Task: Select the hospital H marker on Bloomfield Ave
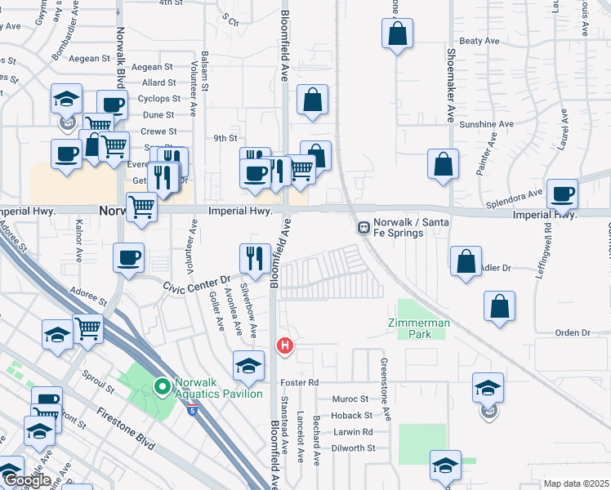285,346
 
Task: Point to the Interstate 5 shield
191,410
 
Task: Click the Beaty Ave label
479,41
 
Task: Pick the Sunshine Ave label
486,124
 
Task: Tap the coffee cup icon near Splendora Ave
562,194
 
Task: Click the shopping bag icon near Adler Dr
466,262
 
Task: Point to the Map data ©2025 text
575,483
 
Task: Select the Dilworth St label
353,448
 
